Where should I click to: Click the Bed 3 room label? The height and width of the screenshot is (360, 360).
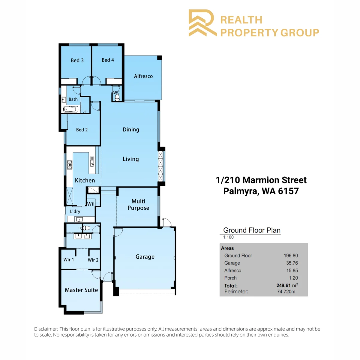pyautogui.click(x=77, y=60)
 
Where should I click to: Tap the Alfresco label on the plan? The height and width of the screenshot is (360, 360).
pyautogui.click(x=143, y=76)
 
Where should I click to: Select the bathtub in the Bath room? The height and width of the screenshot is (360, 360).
pyautogui.click(x=71, y=109)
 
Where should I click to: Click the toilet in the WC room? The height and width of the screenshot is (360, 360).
pyautogui.click(x=117, y=97)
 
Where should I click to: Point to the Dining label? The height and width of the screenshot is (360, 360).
pyautogui.click(x=131, y=130)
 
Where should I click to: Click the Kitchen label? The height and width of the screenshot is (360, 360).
pyautogui.click(x=85, y=180)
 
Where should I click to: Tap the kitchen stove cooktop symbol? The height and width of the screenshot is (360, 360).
pyautogui.click(x=70, y=165)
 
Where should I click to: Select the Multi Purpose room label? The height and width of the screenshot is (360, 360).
pyautogui.click(x=138, y=204)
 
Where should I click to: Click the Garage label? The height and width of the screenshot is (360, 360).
pyautogui.click(x=145, y=256)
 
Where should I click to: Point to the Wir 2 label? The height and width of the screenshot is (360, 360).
pyautogui.click(x=93, y=260)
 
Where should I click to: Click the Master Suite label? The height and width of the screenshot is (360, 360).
pyautogui.click(x=81, y=290)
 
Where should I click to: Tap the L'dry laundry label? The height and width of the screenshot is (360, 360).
pyautogui.click(x=75, y=211)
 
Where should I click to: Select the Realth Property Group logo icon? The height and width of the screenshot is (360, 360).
pyautogui.click(x=203, y=23)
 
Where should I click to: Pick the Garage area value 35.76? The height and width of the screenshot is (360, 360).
pyautogui.click(x=292, y=263)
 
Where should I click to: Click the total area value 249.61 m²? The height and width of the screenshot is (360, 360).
pyautogui.click(x=287, y=285)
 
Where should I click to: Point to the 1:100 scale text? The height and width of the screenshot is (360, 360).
pyautogui.click(x=228, y=237)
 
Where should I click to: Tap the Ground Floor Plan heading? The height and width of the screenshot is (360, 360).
pyautogui.click(x=252, y=230)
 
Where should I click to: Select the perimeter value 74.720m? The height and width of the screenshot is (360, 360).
pyautogui.click(x=286, y=291)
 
